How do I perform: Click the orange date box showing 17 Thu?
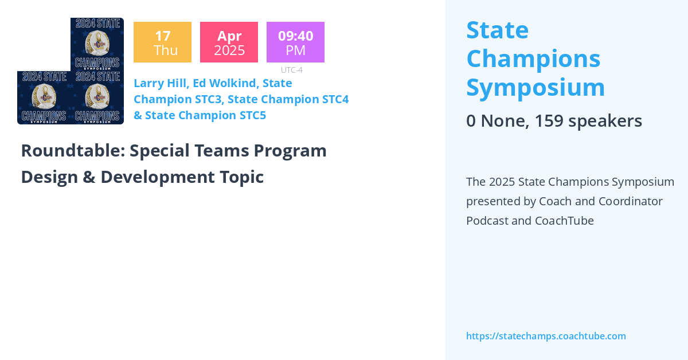point(162,42)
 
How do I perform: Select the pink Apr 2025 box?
point(229,42)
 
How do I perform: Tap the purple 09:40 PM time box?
point(295,42)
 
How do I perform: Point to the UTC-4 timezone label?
point(291,70)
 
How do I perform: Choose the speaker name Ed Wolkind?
point(224,83)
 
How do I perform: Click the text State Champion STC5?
point(205,115)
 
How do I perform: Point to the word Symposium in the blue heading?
point(535,88)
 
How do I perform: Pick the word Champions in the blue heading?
point(533,58)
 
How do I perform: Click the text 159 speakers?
point(588,121)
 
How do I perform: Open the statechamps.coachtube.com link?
point(546,336)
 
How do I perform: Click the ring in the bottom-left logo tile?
point(44,96)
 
